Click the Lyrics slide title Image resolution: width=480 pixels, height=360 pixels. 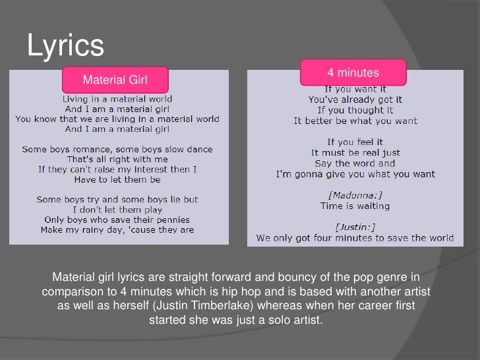[x=65, y=45]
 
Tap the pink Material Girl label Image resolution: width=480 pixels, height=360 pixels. [x=115, y=80]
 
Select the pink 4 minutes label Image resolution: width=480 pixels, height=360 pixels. [x=353, y=72]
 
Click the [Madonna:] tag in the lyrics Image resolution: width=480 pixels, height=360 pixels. [x=355, y=195]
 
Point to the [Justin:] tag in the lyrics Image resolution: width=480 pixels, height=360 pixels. [x=355, y=227]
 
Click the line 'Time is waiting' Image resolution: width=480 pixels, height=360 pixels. [x=355, y=206]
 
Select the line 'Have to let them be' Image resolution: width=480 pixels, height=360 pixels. [x=117, y=179]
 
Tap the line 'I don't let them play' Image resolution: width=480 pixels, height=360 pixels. [x=117, y=209]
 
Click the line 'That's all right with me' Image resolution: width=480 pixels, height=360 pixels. [x=117, y=159]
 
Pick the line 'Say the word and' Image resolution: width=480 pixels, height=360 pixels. [x=355, y=163]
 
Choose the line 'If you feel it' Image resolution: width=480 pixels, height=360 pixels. [x=355, y=142]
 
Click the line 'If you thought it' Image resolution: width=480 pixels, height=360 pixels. [x=355, y=110]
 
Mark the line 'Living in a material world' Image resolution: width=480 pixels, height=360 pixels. [x=117, y=99]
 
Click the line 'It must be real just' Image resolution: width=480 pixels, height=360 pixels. [x=355, y=152]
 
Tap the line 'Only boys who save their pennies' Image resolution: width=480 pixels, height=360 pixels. [x=117, y=219]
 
